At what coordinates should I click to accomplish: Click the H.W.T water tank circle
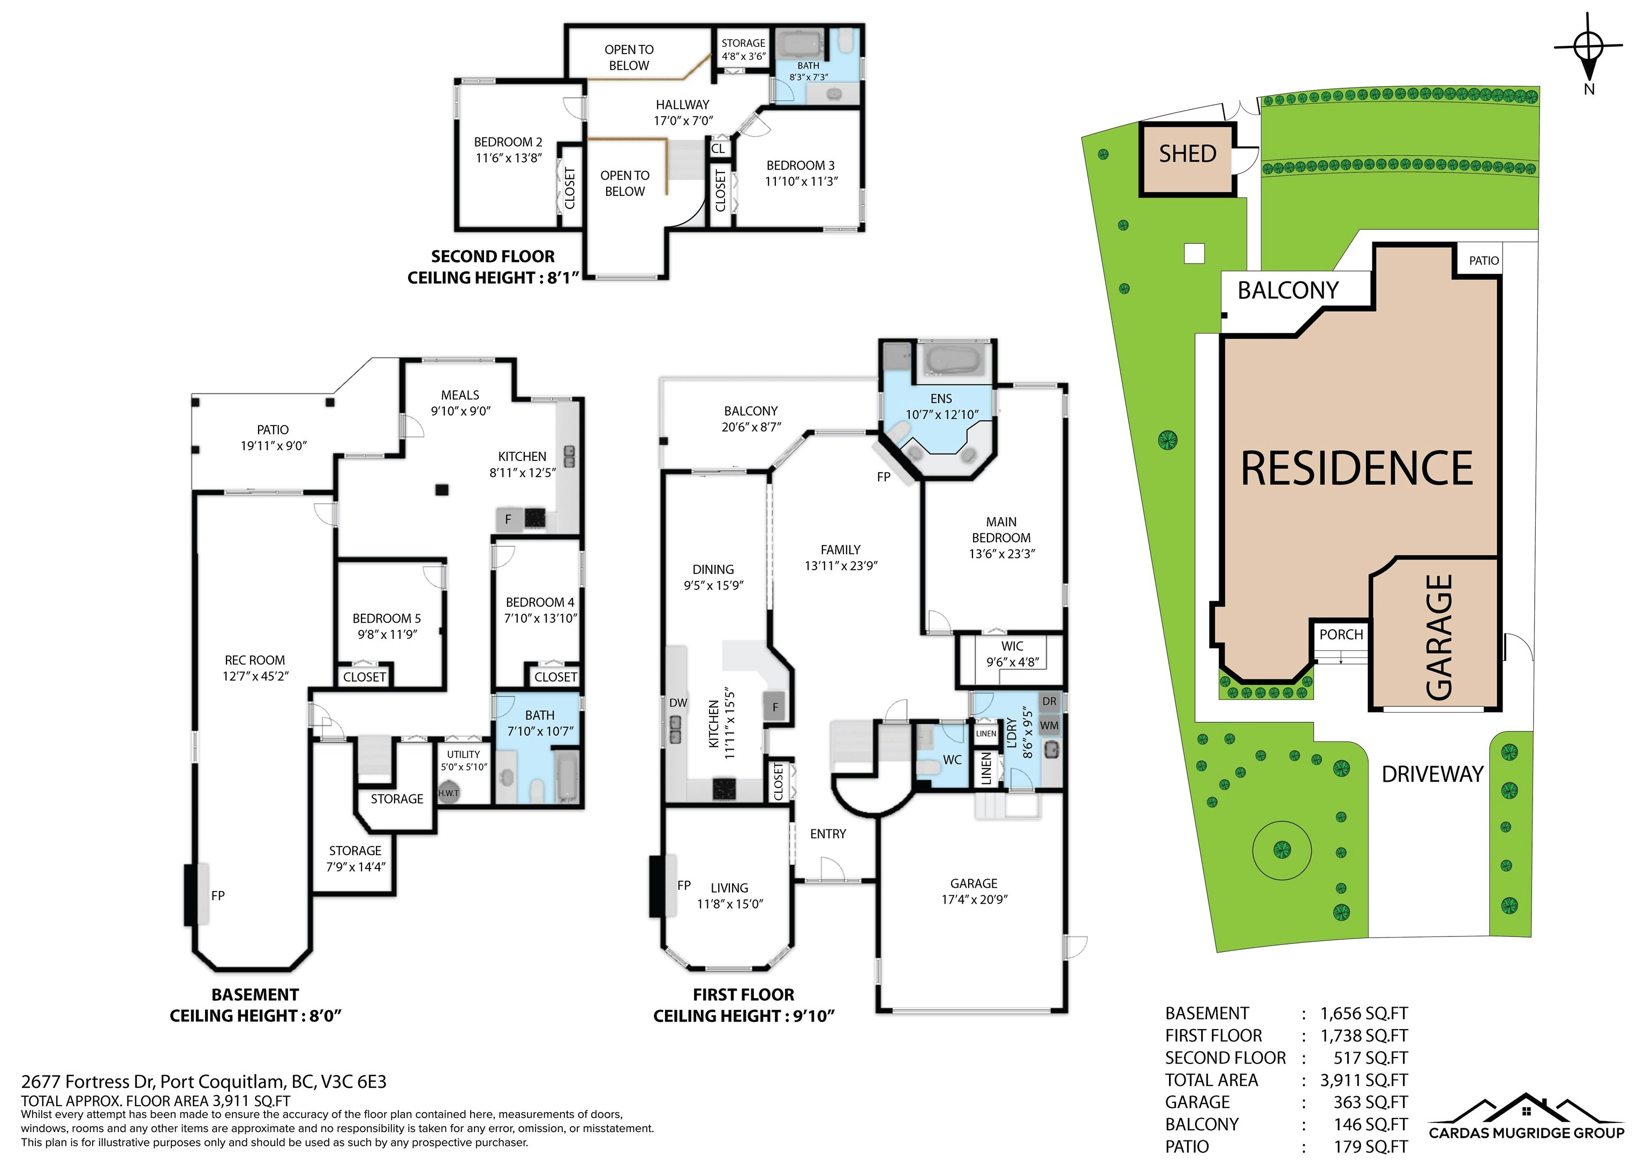click(x=449, y=793)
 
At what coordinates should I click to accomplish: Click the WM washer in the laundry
click(x=1049, y=725)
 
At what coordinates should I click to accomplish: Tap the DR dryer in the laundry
click(x=1049, y=701)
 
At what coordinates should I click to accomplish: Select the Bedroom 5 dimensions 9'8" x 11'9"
click(x=387, y=634)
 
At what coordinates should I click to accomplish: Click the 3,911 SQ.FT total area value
click(x=1363, y=1080)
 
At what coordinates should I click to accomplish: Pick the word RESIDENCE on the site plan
click(x=1356, y=469)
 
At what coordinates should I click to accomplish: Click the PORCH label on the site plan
click(x=1340, y=634)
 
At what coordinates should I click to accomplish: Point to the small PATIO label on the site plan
click(x=1483, y=261)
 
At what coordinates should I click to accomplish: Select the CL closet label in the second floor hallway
click(x=719, y=149)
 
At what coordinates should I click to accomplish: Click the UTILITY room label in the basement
click(x=464, y=754)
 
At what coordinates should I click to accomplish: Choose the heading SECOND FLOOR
click(x=493, y=256)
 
